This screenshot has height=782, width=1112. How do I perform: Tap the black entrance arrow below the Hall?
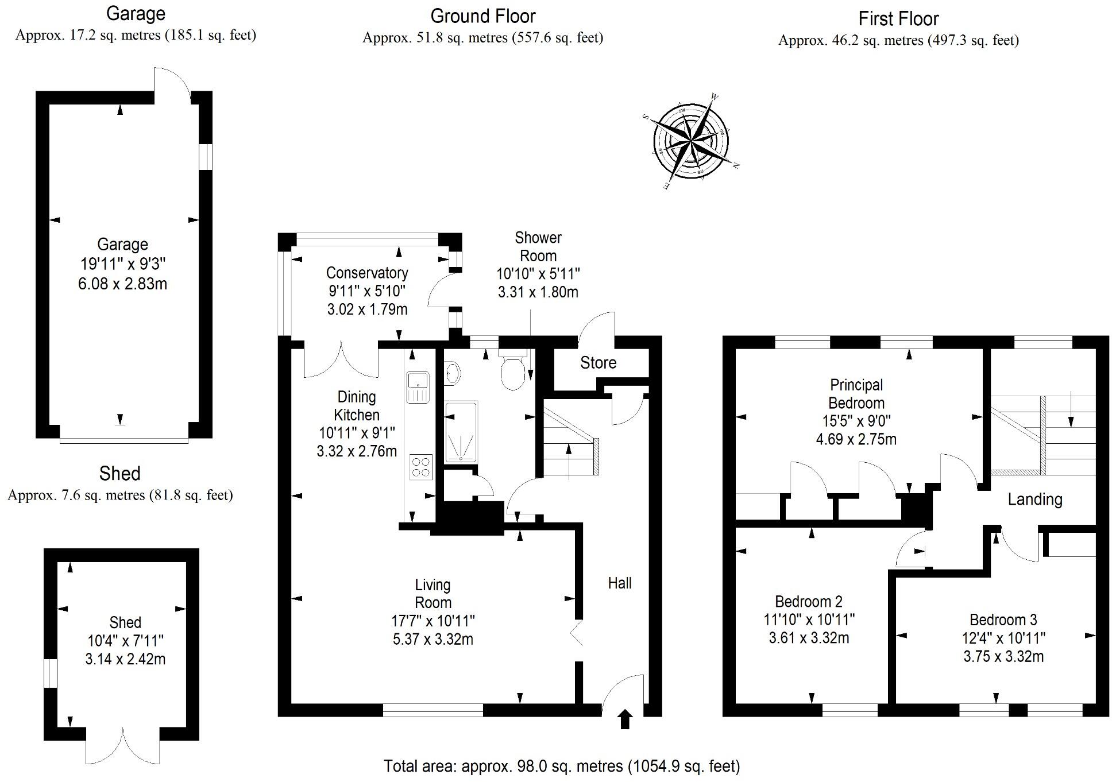(625, 719)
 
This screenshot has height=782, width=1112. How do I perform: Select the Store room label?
(598, 363)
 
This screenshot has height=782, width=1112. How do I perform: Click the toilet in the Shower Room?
(512, 371)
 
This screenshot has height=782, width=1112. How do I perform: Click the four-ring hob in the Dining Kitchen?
(420, 466)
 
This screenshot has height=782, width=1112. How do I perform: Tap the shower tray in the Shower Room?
(461, 432)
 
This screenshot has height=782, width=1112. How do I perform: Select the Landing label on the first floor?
(1034, 500)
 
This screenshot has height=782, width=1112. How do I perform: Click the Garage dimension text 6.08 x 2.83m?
(122, 284)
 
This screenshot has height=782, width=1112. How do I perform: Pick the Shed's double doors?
(123, 746)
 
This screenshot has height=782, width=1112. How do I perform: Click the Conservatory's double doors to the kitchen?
(341, 361)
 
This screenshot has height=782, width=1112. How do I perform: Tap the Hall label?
(619, 583)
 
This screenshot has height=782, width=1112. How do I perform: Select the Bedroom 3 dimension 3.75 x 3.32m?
(1003, 656)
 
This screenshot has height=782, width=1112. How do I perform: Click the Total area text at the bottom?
(561, 766)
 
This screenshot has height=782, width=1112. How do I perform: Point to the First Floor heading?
(898, 19)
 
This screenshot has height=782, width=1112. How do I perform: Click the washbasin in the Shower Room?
(453, 373)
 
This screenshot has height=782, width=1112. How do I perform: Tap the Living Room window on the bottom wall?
(433, 710)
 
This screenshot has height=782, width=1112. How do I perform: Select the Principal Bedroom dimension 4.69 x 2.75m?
(856, 439)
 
